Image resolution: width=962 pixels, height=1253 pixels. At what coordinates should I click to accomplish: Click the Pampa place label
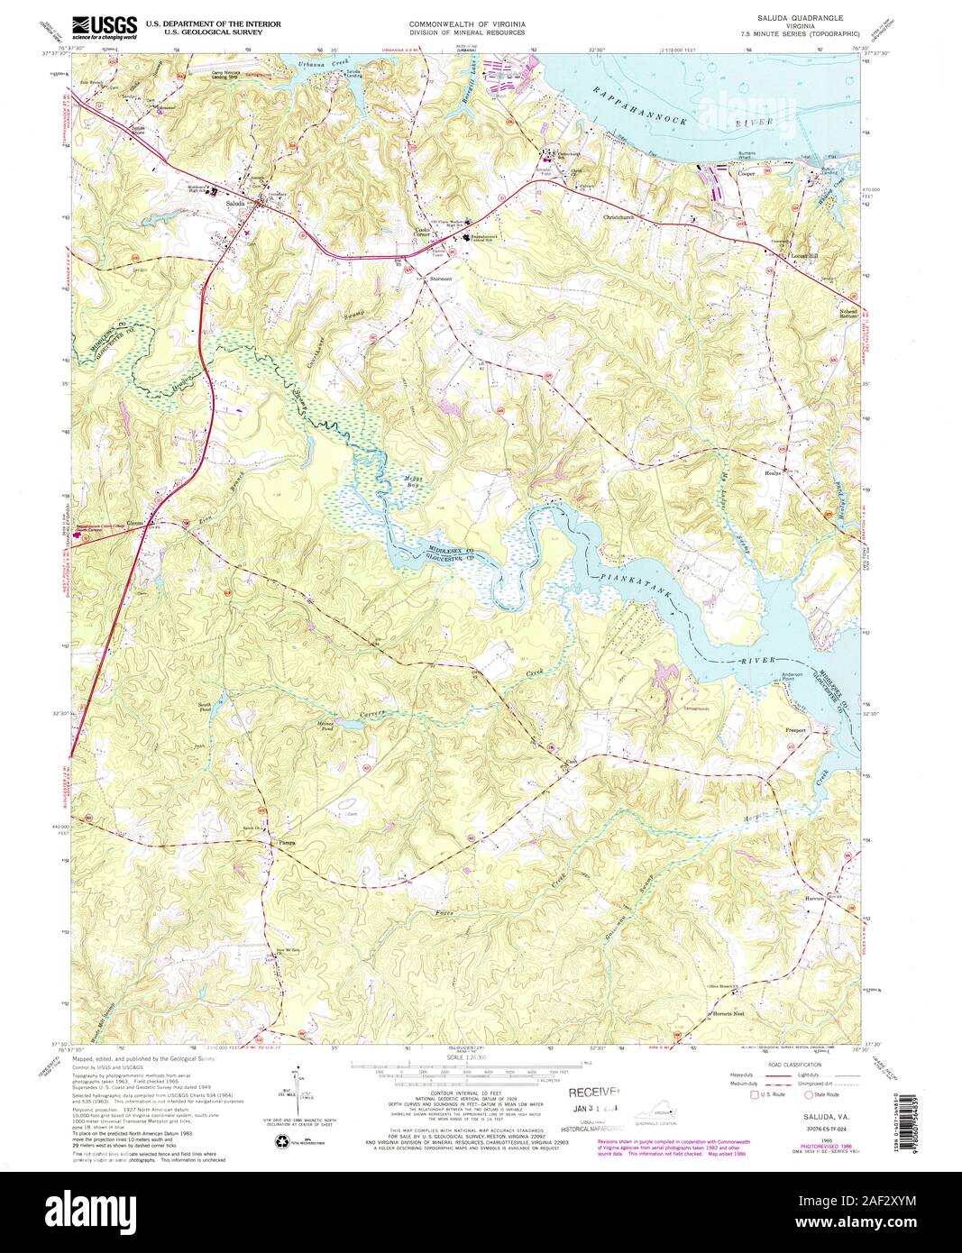(x=287, y=844)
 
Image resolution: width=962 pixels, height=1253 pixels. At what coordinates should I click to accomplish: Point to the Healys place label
(x=777, y=471)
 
